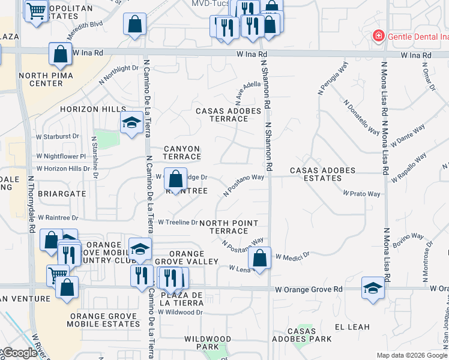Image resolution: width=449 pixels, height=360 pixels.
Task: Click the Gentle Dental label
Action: [418, 37]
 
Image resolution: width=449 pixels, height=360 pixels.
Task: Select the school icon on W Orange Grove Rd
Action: [372, 287]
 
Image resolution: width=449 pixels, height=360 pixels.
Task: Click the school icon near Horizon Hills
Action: [132, 123]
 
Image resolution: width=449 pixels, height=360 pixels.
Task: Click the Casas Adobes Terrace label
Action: [229, 115]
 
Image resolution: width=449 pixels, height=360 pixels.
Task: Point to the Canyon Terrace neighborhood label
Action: [182, 152]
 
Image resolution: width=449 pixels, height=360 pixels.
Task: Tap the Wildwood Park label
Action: [208, 343]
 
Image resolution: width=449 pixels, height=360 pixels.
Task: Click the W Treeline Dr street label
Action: [178, 222]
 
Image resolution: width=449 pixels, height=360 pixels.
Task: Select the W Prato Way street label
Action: [362, 194]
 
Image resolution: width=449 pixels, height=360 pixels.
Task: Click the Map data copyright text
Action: [412, 355]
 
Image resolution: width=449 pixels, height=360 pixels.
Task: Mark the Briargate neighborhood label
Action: [58, 194]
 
